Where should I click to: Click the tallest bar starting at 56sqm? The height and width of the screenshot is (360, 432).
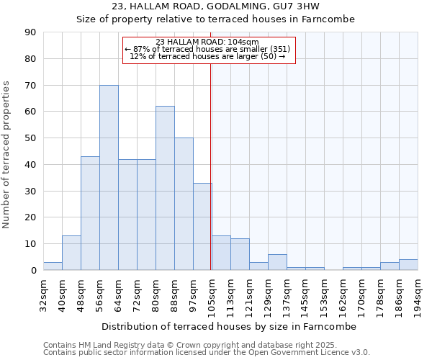point(109,178)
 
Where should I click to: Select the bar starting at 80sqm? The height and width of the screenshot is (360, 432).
point(165,189)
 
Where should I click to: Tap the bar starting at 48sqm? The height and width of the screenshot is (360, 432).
point(90,214)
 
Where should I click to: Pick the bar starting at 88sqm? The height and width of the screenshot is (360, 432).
point(184,204)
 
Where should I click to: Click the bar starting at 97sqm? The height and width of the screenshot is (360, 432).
point(202,227)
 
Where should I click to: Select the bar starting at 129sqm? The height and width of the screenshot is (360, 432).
point(277,263)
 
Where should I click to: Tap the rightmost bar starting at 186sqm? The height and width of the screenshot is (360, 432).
point(408,265)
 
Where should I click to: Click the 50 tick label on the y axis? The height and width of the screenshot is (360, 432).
point(30,138)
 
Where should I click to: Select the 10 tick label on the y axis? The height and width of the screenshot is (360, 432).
point(30,244)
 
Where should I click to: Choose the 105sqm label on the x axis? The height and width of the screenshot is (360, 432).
point(212,294)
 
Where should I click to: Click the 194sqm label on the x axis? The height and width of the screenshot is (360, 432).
point(418,294)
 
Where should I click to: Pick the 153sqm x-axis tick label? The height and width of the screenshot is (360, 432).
point(325,294)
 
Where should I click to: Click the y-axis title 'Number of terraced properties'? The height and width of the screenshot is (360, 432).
point(6,155)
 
